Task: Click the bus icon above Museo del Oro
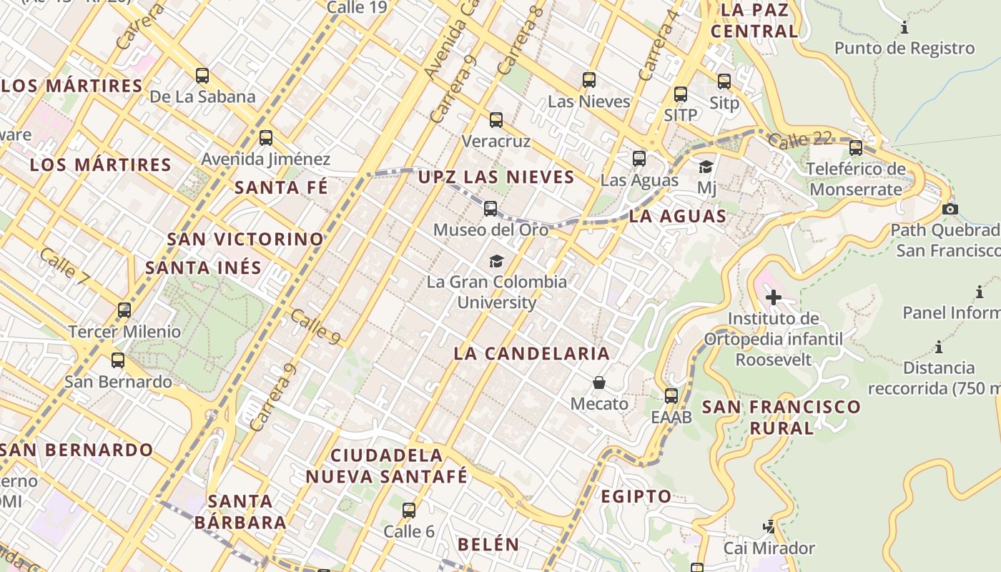pyautogui.click(x=490, y=209)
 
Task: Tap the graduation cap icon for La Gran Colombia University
pyautogui.click(x=496, y=261)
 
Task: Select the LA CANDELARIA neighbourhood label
pyautogui.click(x=532, y=353)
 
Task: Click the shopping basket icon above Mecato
pyautogui.click(x=599, y=383)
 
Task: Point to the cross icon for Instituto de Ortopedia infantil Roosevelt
pyautogui.click(x=773, y=297)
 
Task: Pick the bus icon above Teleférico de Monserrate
pyautogui.click(x=856, y=148)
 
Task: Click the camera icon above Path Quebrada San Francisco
pyautogui.click(x=950, y=209)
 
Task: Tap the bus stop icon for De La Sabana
pyautogui.click(x=202, y=75)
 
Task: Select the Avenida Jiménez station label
pyautogui.click(x=265, y=159)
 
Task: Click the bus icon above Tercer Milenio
pyautogui.click(x=124, y=310)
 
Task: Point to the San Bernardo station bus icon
pyautogui.click(x=118, y=360)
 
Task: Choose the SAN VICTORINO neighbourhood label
pyautogui.click(x=245, y=239)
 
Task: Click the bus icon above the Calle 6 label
pyautogui.click(x=409, y=511)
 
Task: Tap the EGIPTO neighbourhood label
pyautogui.click(x=636, y=496)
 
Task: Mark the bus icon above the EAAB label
pyautogui.click(x=671, y=395)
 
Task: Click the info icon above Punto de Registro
pyautogui.click(x=904, y=28)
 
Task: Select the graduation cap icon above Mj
pyautogui.click(x=706, y=167)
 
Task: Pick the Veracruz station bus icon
pyautogui.click(x=496, y=119)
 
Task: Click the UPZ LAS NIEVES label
pyautogui.click(x=496, y=177)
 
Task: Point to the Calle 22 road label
pyautogui.click(x=801, y=139)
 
